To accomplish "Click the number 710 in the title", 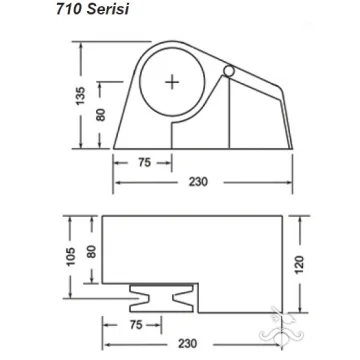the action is point(69,9).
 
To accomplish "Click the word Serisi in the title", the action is point(108,9).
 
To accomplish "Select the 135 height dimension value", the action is point(81,96).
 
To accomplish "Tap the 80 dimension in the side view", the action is point(101,115).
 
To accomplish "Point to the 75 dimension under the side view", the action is point(144,163).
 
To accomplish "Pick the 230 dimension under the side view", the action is point(198,182).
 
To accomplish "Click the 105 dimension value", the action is point(71,257).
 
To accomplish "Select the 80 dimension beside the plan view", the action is point(91,252).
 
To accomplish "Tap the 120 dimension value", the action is point(300,265).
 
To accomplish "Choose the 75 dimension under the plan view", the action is point(136,325).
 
